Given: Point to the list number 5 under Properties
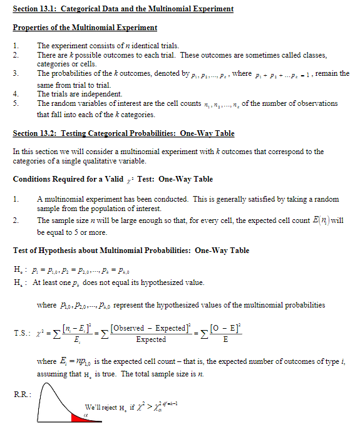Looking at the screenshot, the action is tap(16, 103).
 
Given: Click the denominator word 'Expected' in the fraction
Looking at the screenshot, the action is tap(151, 339).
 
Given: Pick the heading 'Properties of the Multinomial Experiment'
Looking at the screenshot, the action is tap(85, 28).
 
